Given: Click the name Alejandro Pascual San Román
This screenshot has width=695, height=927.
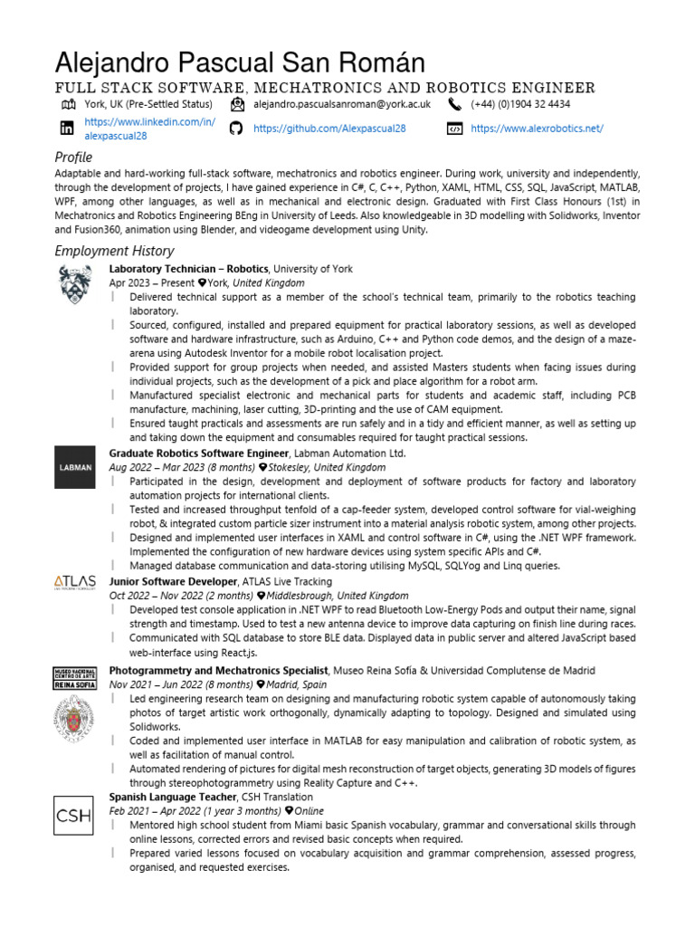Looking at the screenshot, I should pyautogui.click(x=240, y=63).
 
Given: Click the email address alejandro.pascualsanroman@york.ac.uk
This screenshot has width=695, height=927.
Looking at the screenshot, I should pyautogui.click(x=341, y=105).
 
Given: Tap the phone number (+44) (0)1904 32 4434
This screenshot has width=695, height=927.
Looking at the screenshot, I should pyautogui.click(x=520, y=105).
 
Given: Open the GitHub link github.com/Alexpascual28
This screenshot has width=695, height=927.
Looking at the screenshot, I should pyautogui.click(x=329, y=129).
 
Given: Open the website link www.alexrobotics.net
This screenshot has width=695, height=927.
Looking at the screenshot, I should pyautogui.click(x=537, y=129).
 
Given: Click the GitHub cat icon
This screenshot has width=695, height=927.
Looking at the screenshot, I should pyautogui.click(x=236, y=129).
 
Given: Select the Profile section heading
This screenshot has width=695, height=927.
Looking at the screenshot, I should pyautogui.click(x=73, y=158).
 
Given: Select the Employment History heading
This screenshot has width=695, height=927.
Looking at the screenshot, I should pyautogui.click(x=114, y=251).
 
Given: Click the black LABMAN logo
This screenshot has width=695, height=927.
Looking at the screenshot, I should pyautogui.click(x=74, y=467).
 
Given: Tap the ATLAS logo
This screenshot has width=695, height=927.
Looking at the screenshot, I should pyautogui.click(x=74, y=583).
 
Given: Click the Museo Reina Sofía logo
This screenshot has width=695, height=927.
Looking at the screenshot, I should pyautogui.click(x=74, y=677).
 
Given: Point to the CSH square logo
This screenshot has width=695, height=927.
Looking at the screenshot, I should pyautogui.click(x=74, y=815).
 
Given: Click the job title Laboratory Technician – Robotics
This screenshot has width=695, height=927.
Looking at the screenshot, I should pyautogui.click(x=188, y=269).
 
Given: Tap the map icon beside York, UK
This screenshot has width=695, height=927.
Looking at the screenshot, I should pyautogui.click(x=67, y=105).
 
